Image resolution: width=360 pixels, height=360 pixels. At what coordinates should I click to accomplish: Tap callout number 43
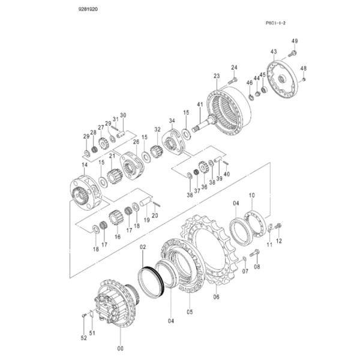tap(274, 52)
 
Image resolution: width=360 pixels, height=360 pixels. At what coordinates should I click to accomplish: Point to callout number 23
tap(217, 76)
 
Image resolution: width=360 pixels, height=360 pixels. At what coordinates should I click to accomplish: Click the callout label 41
tap(200, 105)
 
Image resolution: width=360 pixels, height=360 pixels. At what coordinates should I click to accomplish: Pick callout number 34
tap(172, 120)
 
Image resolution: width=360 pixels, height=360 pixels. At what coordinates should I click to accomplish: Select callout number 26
tap(136, 142)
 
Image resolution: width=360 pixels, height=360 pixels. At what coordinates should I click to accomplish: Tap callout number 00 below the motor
tap(120, 349)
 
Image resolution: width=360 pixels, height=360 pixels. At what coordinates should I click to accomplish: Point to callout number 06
tap(215, 295)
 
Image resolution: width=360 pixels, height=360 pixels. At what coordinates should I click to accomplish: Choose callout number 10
tap(252, 195)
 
